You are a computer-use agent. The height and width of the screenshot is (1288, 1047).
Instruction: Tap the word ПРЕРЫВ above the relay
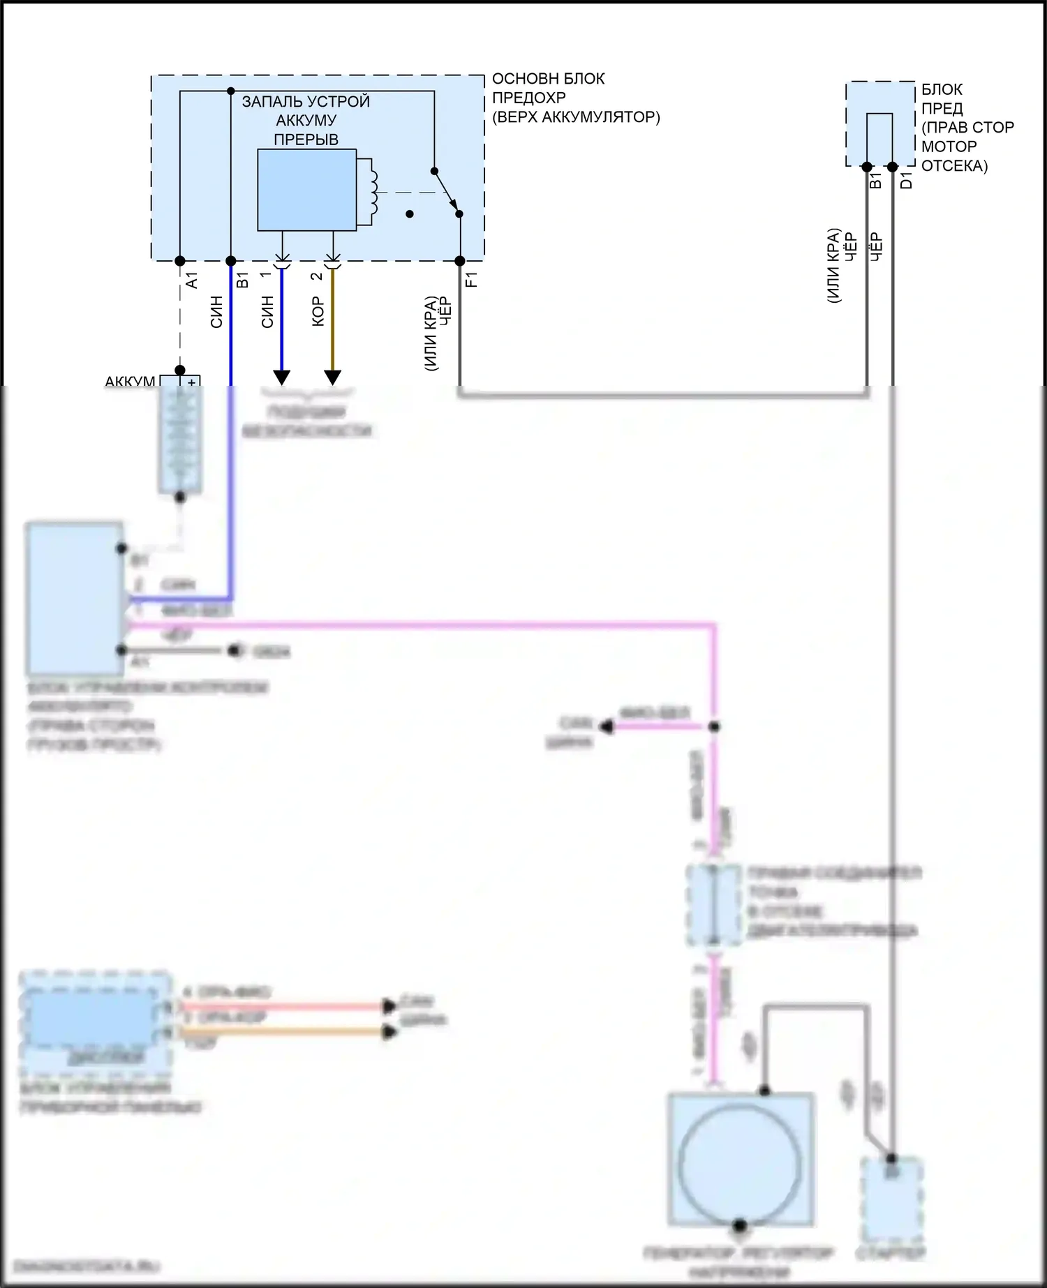(306, 139)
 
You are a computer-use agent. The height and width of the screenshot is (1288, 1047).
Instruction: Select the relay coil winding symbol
(373, 193)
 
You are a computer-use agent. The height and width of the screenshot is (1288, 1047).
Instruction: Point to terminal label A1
(193, 280)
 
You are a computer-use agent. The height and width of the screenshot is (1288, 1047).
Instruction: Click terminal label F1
(471, 280)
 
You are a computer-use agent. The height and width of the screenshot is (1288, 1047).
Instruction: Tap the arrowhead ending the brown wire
(333, 377)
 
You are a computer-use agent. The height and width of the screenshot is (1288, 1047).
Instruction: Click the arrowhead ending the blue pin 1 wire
(281, 377)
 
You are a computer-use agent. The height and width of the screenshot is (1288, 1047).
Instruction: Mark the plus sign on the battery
(191, 382)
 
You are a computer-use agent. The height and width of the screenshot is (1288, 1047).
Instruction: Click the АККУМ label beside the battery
(130, 382)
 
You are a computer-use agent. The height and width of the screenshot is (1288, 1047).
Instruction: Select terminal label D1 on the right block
(907, 180)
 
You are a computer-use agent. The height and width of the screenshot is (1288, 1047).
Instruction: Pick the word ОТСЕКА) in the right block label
(954, 166)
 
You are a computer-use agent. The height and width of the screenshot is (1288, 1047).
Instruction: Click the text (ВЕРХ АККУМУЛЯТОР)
(576, 117)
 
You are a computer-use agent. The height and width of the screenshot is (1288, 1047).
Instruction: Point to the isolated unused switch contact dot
(410, 214)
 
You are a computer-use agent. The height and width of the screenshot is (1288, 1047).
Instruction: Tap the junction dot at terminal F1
(460, 261)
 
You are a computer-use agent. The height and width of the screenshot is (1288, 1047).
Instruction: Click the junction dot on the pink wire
(714, 726)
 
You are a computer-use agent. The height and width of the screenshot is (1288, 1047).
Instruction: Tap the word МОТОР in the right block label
(949, 147)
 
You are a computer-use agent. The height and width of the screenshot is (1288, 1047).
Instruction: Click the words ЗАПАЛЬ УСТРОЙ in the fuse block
(306, 101)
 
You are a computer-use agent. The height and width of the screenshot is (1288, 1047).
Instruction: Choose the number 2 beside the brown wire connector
(316, 276)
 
